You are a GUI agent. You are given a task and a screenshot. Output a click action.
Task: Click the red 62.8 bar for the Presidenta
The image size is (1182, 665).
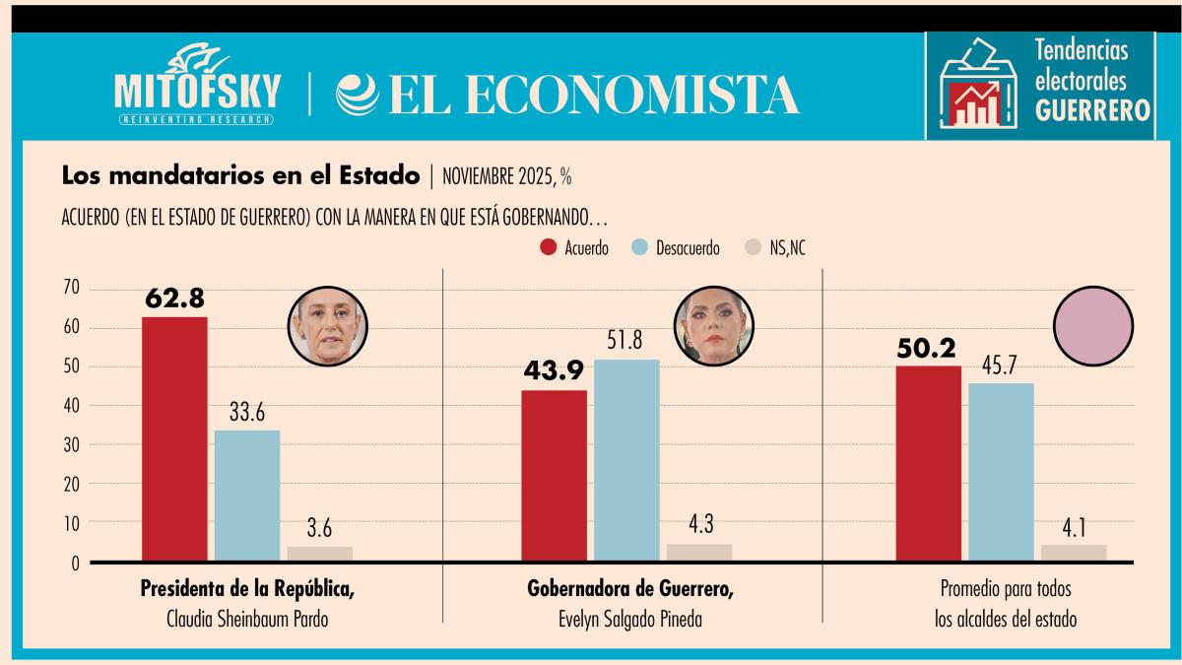tap(174, 439)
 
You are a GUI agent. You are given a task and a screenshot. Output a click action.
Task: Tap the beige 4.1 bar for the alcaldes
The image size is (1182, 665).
tap(1074, 553)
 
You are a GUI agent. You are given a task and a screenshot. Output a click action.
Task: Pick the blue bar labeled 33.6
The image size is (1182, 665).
tap(247, 496)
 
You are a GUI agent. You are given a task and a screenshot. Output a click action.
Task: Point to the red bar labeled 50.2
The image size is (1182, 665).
tap(928, 464)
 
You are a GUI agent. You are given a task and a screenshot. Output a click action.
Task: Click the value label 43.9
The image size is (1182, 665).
tap(553, 373)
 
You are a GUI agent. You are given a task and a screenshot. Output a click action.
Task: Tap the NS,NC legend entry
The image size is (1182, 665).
tap(777, 247)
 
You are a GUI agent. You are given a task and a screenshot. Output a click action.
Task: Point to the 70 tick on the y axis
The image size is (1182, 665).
tap(70, 289)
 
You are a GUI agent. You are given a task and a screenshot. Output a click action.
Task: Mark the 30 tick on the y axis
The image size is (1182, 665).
tap(70, 445)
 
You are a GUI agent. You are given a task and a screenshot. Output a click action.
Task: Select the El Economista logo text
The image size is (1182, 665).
tap(569, 95)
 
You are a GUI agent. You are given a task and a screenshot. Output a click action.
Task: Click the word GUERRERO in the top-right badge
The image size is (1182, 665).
tap(1093, 111)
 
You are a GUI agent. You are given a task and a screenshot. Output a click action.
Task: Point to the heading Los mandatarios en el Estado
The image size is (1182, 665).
tap(240, 176)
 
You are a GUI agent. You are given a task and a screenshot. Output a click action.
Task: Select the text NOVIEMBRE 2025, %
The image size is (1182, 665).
tap(507, 177)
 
